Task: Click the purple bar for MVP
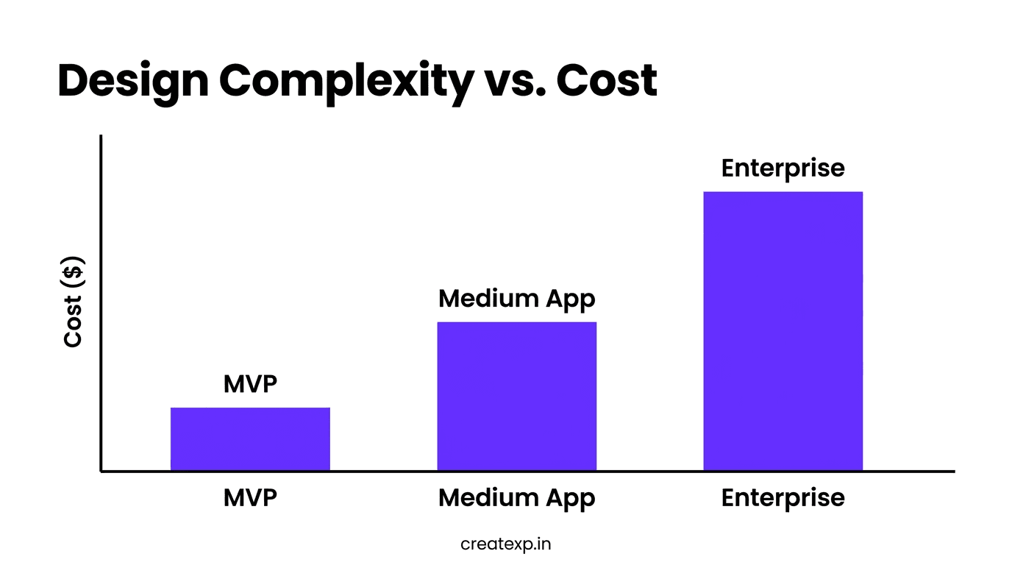(250, 438)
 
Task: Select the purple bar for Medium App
(516, 396)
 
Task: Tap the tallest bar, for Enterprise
(783, 331)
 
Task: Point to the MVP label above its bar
(250, 383)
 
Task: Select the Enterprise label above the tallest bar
(783, 168)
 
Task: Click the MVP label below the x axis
(250, 498)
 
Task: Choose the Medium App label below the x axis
(516, 499)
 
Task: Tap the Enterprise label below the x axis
(783, 499)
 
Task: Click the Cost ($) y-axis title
(73, 302)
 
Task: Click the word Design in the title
(132, 80)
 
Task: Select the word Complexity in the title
(346, 82)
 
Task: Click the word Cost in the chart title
(607, 80)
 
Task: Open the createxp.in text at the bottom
(505, 544)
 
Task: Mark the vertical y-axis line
(101, 294)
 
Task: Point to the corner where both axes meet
(101, 471)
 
